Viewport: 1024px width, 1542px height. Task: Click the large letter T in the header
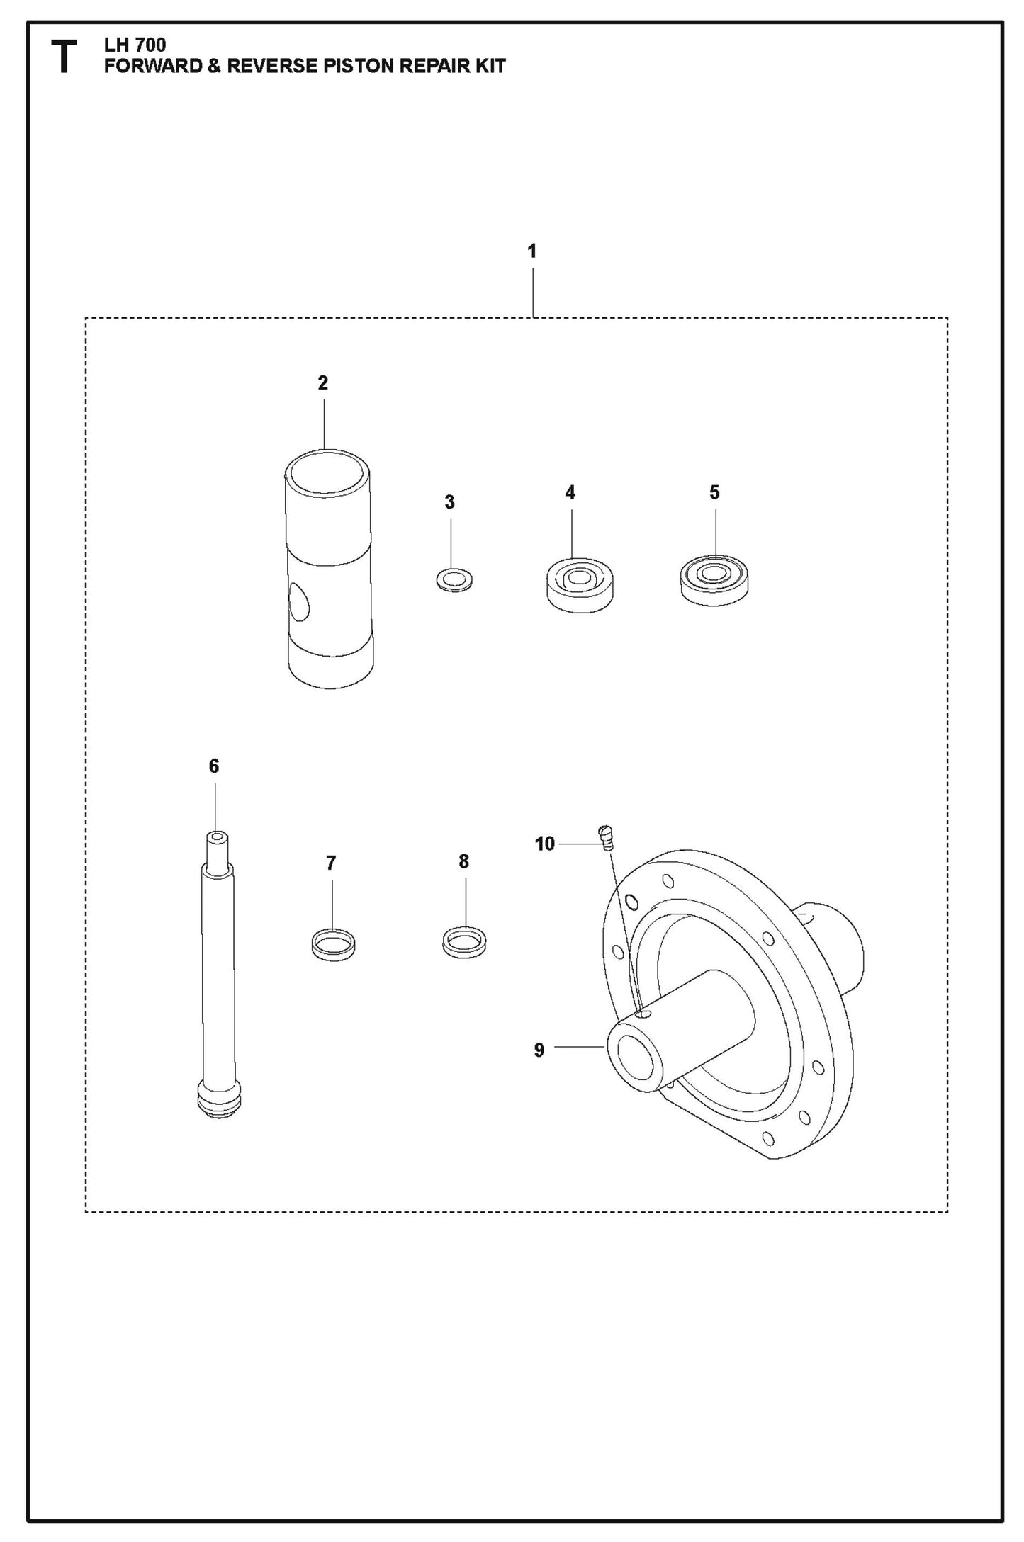[64, 57]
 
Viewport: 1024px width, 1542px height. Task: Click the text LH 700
[135, 45]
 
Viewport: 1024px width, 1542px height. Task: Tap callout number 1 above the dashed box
[531, 251]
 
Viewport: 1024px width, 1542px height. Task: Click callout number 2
[323, 383]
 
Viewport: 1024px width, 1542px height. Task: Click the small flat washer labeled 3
[454, 580]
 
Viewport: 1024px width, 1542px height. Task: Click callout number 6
[214, 766]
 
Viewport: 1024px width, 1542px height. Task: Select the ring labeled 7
[333, 944]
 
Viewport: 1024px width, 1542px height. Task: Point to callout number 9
[539, 1050]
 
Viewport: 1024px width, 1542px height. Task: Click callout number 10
[544, 844]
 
